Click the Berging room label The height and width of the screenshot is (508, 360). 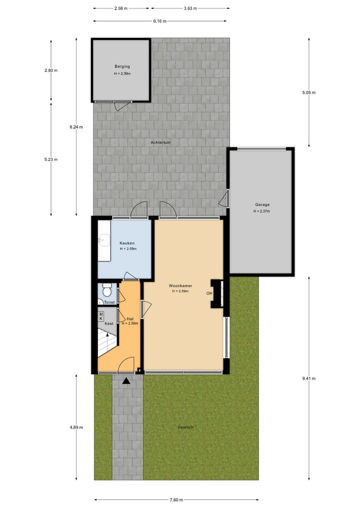tap(121, 66)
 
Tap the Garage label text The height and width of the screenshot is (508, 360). tap(262, 205)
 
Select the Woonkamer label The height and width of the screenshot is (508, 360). tap(180, 286)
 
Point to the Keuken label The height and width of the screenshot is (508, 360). tap(126, 243)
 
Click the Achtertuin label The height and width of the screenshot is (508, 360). tap(160, 142)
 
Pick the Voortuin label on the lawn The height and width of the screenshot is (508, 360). tap(185, 428)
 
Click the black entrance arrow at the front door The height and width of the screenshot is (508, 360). tap(126, 381)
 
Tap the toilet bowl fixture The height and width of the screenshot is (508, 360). tap(106, 291)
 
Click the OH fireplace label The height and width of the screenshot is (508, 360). tap(209, 293)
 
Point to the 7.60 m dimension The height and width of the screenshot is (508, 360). tap(176, 500)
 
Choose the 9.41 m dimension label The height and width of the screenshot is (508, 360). tap(309, 379)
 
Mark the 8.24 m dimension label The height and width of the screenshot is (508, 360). tap(76, 127)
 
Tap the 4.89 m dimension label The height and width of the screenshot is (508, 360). tap(76, 428)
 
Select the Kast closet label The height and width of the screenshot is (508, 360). tap(108, 324)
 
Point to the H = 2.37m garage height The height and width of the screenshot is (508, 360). tap(261, 211)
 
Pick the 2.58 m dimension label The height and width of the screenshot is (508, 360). tap(120, 8)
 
